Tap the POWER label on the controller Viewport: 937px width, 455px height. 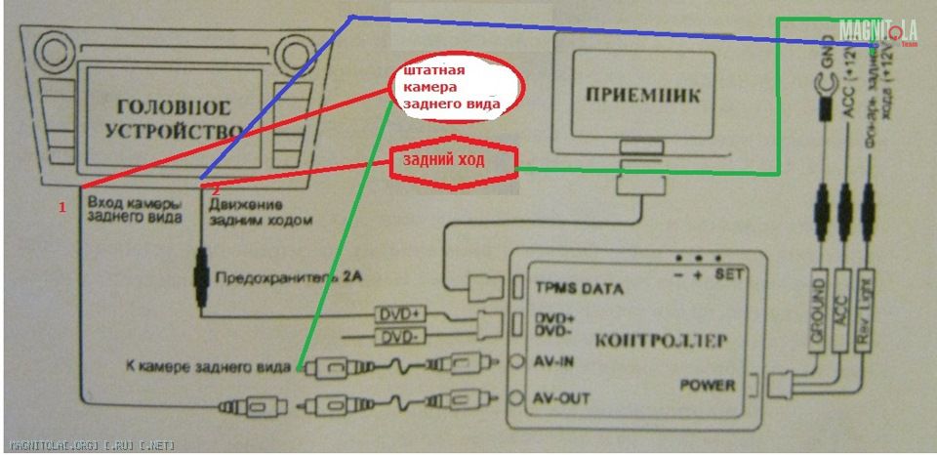pos(708,386)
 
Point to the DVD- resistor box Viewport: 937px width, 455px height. pos(396,338)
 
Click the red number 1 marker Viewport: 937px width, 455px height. pos(61,208)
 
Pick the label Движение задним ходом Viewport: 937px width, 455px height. pos(259,213)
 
